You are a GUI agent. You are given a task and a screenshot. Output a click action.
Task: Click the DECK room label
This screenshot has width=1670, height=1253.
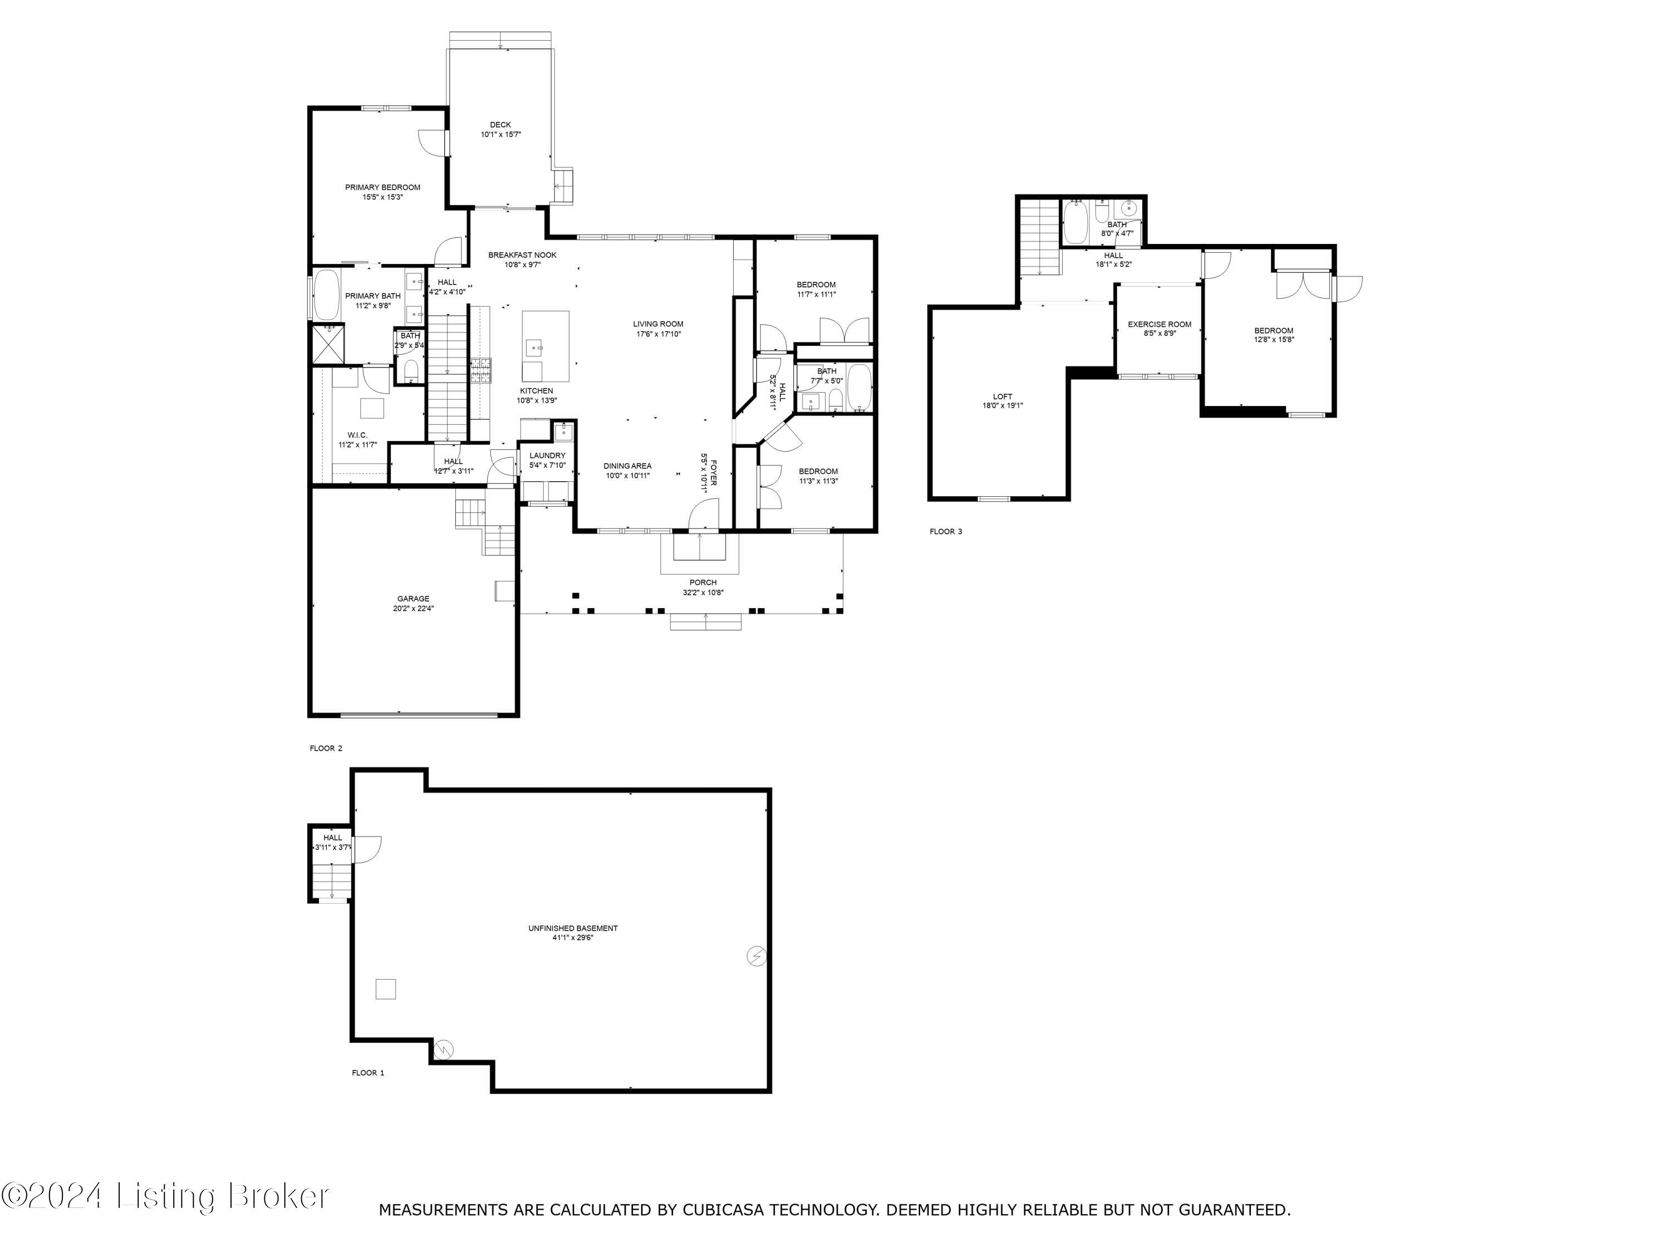[x=500, y=125]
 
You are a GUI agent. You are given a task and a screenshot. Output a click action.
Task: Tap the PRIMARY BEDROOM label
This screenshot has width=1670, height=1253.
[x=383, y=187]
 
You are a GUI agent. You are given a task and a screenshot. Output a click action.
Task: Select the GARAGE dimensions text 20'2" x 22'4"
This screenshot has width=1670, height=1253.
[x=413, y=608]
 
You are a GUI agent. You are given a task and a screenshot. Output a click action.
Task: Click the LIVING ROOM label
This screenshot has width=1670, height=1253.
[x=657, y=324]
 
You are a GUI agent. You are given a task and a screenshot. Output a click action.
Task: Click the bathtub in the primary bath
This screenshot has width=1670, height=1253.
[x=326, y=295]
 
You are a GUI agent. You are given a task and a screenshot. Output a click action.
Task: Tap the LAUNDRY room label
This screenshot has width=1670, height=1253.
[x=547, y=456]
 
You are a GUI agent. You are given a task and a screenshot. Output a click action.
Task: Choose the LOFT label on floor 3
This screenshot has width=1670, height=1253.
[x=1002, y=397]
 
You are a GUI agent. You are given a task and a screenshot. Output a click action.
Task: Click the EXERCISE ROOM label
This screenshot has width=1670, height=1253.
[x=1159, y=324]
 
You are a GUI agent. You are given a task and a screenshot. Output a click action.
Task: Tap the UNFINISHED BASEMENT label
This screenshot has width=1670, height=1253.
[x=572, y=928]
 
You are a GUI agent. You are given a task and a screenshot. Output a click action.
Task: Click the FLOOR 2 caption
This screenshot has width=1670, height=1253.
[x=326, y=748]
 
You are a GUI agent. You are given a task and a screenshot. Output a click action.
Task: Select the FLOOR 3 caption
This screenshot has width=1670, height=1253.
[x=945, y=532]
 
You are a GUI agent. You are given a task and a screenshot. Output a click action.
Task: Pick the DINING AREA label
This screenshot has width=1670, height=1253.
[x=627, y=466]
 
